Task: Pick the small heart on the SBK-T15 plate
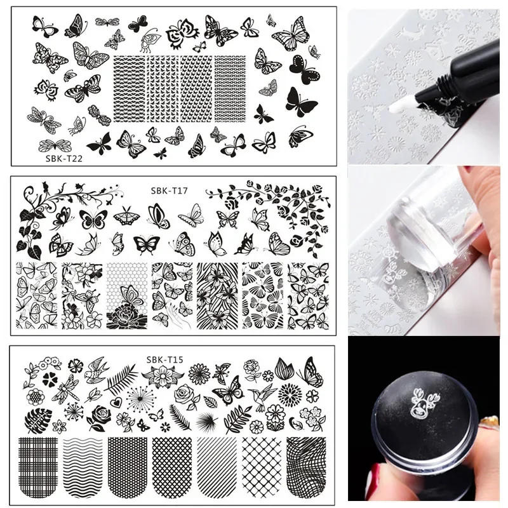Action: pyautogui.click(x=114, y=402)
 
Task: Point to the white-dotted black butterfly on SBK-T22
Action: pyautogui.click(x=305, y=69)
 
